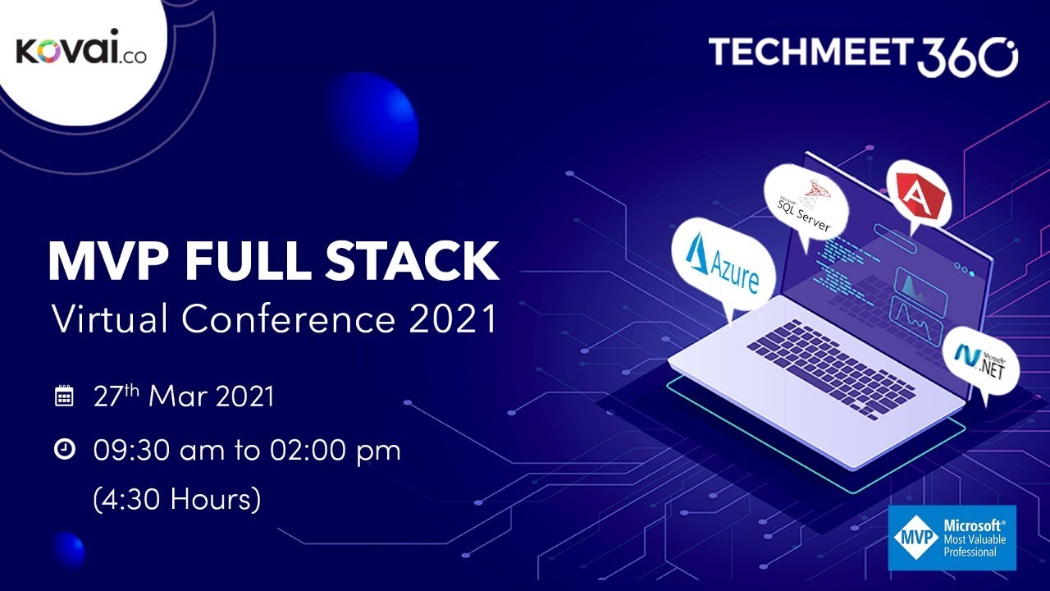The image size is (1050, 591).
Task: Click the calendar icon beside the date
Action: click(64, 397)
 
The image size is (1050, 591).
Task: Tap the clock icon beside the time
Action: click(64, 449)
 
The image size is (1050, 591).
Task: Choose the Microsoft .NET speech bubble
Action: click(983, 363)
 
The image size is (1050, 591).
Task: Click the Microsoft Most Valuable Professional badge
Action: click(952, 538)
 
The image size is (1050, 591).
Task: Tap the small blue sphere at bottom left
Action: click(67, 549)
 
